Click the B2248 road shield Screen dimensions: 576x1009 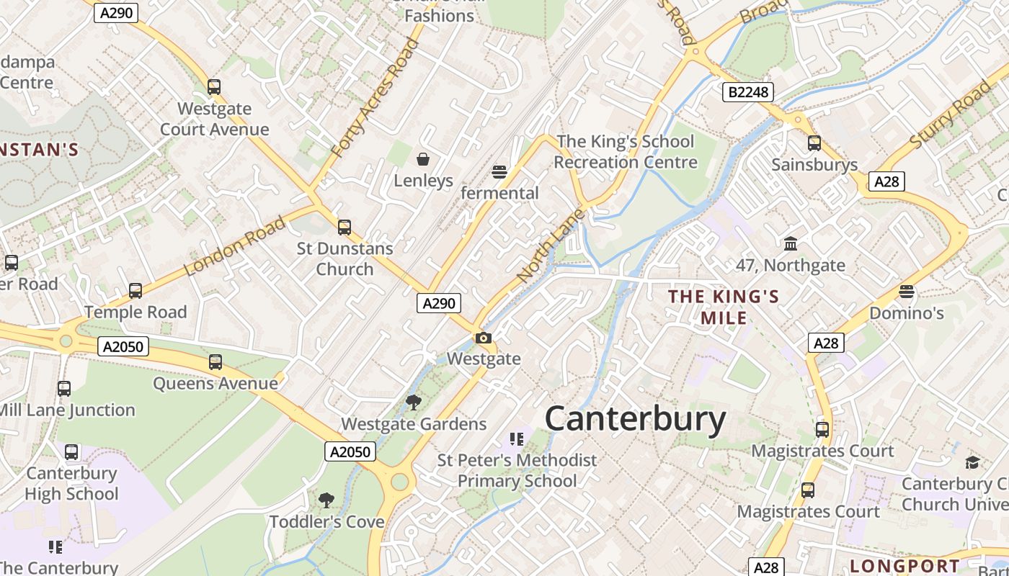747,92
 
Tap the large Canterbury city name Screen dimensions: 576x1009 635,419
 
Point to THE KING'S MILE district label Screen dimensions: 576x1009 724,307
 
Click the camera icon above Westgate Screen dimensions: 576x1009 484,338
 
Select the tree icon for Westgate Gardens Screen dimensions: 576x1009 414,402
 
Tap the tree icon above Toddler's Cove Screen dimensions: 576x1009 326,500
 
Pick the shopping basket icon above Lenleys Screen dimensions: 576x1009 423,158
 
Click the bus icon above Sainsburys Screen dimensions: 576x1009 814,143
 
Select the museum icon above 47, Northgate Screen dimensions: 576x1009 791,244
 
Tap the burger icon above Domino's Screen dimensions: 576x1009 907,292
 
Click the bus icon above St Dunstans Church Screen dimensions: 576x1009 345,228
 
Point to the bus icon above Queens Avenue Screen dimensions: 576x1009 215,362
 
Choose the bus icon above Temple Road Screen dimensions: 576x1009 135,291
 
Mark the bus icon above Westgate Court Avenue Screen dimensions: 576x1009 214,87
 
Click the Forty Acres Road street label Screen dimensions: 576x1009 375,99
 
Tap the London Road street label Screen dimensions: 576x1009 235,246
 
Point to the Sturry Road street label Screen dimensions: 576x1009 951,115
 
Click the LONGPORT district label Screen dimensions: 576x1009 904,566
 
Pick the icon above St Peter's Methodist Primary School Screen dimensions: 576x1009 517,438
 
